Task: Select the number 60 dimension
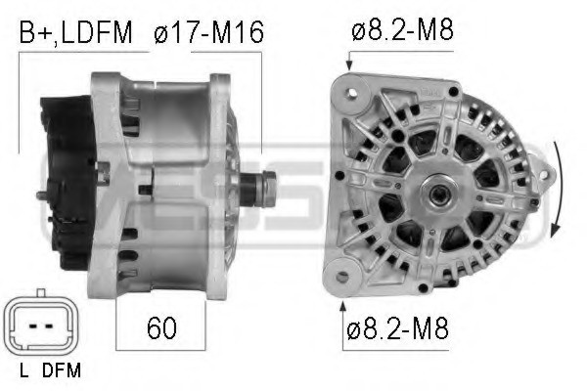point(161,327)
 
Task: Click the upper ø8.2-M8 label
point(403,32)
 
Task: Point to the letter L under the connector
point(23,370)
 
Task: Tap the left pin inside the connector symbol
point(34,325)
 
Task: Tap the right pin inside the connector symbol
point(48,325)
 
